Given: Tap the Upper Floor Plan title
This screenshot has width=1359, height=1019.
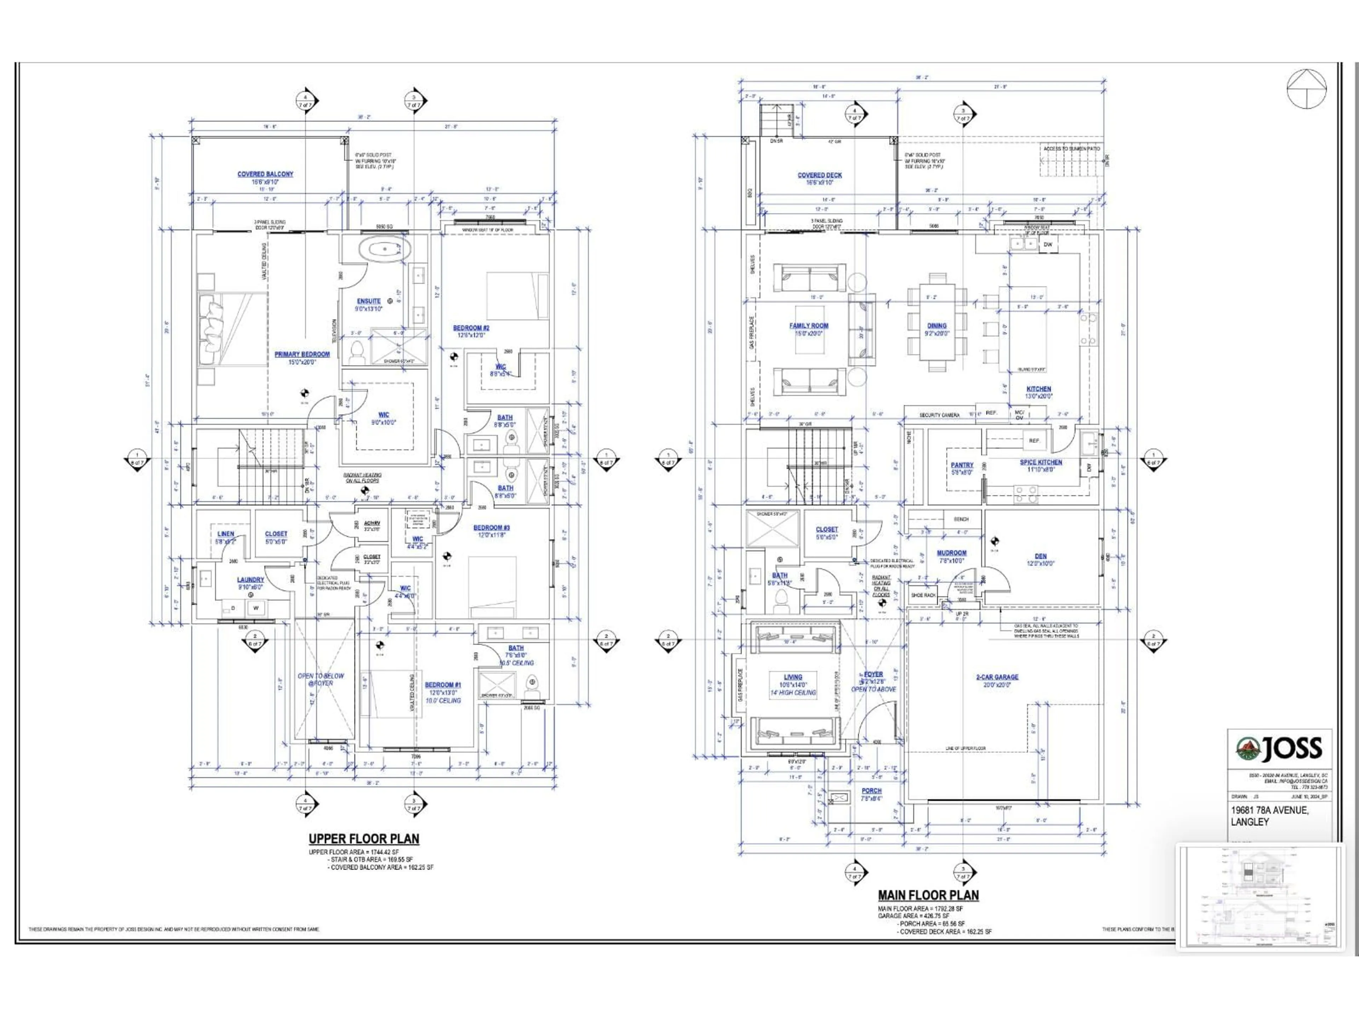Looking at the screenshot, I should [364, 839].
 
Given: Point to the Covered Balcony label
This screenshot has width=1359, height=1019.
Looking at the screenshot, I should [265, 174].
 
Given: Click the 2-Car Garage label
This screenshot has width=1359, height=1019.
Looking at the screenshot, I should [997, 677].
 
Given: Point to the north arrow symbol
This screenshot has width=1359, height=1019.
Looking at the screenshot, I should [1306, 89].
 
